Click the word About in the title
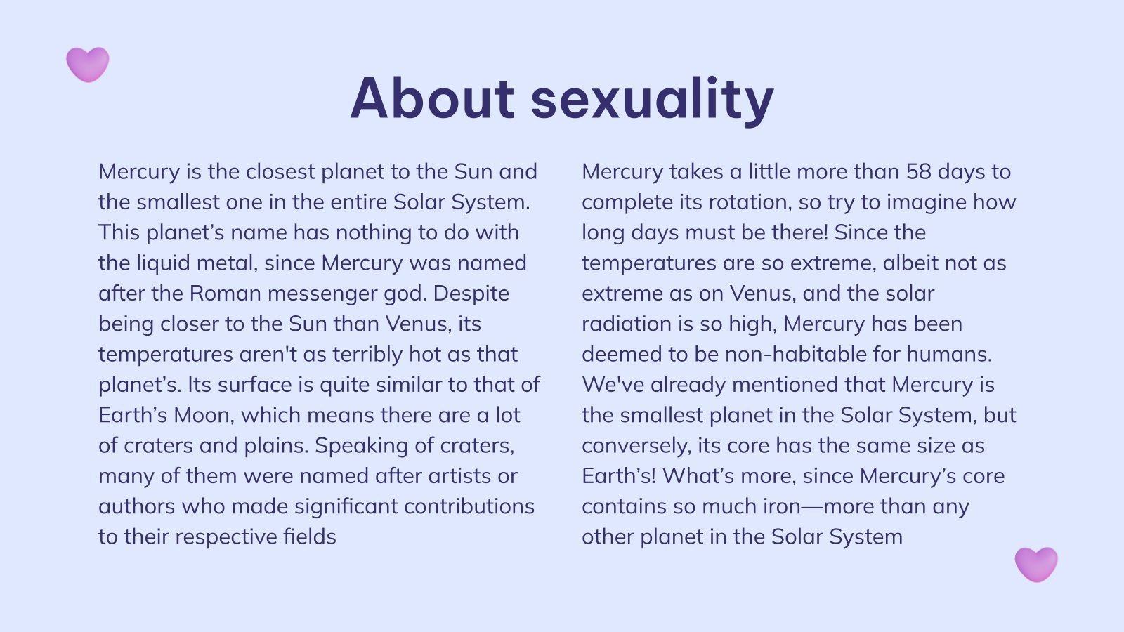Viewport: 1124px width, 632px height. [432, 98]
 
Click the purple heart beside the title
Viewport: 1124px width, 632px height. [88, 64]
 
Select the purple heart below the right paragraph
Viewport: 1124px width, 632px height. [1036, 564]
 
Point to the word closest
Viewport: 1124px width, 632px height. [280, 171]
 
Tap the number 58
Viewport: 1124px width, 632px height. [918, 171]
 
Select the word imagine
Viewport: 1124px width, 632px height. [926, 202]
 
